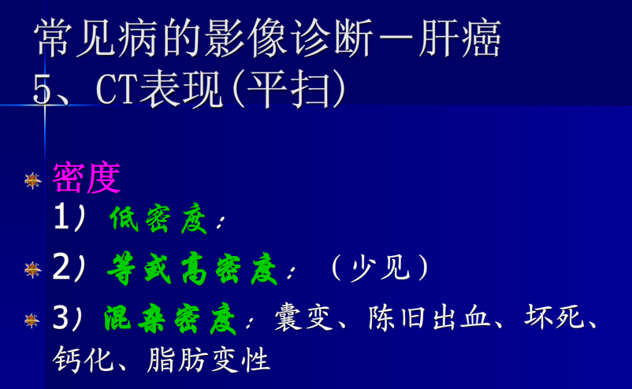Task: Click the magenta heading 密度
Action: [x=87, y=180]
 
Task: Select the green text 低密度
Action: [x=158, y=221]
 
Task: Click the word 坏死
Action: [x=552, y=319]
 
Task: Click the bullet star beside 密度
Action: [x=32, y=181]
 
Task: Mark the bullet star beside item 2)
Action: [x=32, y=270]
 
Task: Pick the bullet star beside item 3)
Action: [x=32, y=320]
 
